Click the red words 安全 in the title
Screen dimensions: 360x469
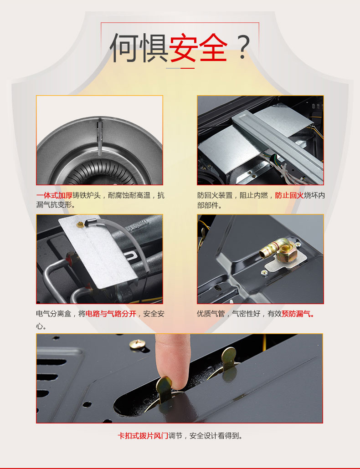click(x=198, y=48)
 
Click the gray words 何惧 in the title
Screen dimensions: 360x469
click(x=139, y=48)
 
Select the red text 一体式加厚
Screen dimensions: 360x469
click(x=54, y=196)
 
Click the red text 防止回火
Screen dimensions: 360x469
click(x=289, y=196)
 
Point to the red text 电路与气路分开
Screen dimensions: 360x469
click(x=111, y=314)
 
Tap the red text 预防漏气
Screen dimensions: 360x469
click(x=298, y=314)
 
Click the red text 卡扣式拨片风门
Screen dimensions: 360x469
click(x=143, y=436)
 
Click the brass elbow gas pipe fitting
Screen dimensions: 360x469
click(x=277, y=248)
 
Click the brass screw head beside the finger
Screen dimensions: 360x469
click(x=137, y=344)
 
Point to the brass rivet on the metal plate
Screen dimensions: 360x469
click(x=80, y=224)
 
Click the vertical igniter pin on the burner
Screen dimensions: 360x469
click(x=100, y=138)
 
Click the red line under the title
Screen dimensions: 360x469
click(x=188, y=68)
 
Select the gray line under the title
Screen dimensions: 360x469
click(x=173, y=68)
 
